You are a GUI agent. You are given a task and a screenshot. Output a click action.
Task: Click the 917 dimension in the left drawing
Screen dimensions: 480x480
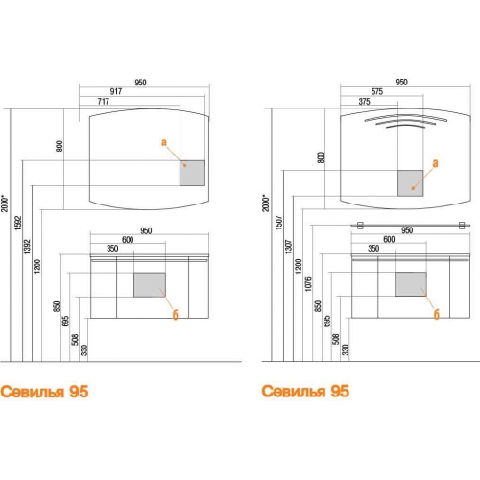116,91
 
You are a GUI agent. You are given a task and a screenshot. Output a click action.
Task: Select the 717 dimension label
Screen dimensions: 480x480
104,102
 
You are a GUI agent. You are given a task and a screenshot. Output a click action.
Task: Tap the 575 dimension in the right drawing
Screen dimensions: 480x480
377,92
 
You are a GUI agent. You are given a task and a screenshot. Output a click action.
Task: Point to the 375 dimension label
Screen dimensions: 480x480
364,102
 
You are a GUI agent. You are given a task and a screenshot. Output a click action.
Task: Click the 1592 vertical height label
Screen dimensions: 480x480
18,223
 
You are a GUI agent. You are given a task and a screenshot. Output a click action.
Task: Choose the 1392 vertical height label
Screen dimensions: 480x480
28,247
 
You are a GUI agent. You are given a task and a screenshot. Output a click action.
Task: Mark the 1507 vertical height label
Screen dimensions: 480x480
279,223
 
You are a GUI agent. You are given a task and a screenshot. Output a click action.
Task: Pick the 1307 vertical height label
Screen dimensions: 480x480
289,247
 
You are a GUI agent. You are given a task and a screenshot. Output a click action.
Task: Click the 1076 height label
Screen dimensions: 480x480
308,284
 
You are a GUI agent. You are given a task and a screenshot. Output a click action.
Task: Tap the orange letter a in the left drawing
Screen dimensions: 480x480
164,142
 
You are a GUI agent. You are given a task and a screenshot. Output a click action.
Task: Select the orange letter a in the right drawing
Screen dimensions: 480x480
435,163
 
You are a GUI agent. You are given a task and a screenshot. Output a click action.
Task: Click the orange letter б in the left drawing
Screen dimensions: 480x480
175,315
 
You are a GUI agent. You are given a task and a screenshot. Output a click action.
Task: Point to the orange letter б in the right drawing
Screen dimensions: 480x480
437,314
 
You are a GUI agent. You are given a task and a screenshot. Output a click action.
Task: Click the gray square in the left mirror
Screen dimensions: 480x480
192,173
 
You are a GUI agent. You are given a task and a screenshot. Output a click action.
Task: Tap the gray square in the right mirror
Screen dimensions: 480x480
411,183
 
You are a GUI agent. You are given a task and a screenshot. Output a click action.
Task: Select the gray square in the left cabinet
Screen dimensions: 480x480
150,285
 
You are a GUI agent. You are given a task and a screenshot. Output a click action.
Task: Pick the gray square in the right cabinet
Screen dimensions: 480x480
411,284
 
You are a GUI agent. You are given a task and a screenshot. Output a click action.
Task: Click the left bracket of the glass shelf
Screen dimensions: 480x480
360,226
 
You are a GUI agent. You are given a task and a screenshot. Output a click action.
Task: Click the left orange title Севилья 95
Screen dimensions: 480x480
44,392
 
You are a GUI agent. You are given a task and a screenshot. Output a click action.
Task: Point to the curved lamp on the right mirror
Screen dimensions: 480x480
406,121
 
